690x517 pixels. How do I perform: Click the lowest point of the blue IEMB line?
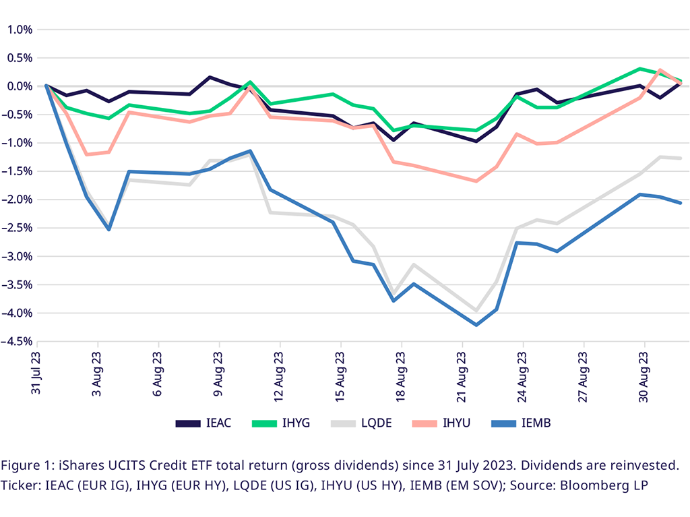point(476,325)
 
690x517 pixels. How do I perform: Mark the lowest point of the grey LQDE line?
point(476,311)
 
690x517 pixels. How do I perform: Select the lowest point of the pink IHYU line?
point(476,181)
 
